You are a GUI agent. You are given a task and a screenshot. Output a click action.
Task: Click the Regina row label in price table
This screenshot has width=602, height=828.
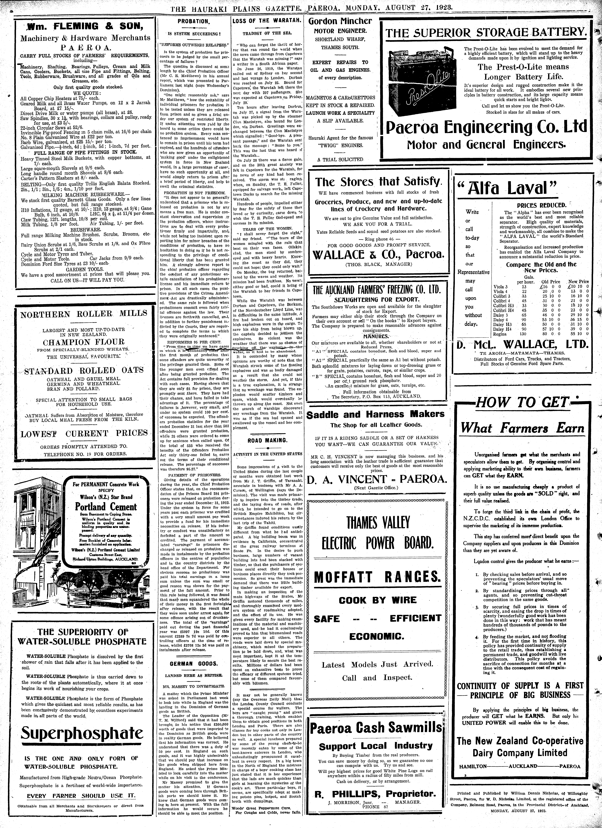[x=499, y=333]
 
